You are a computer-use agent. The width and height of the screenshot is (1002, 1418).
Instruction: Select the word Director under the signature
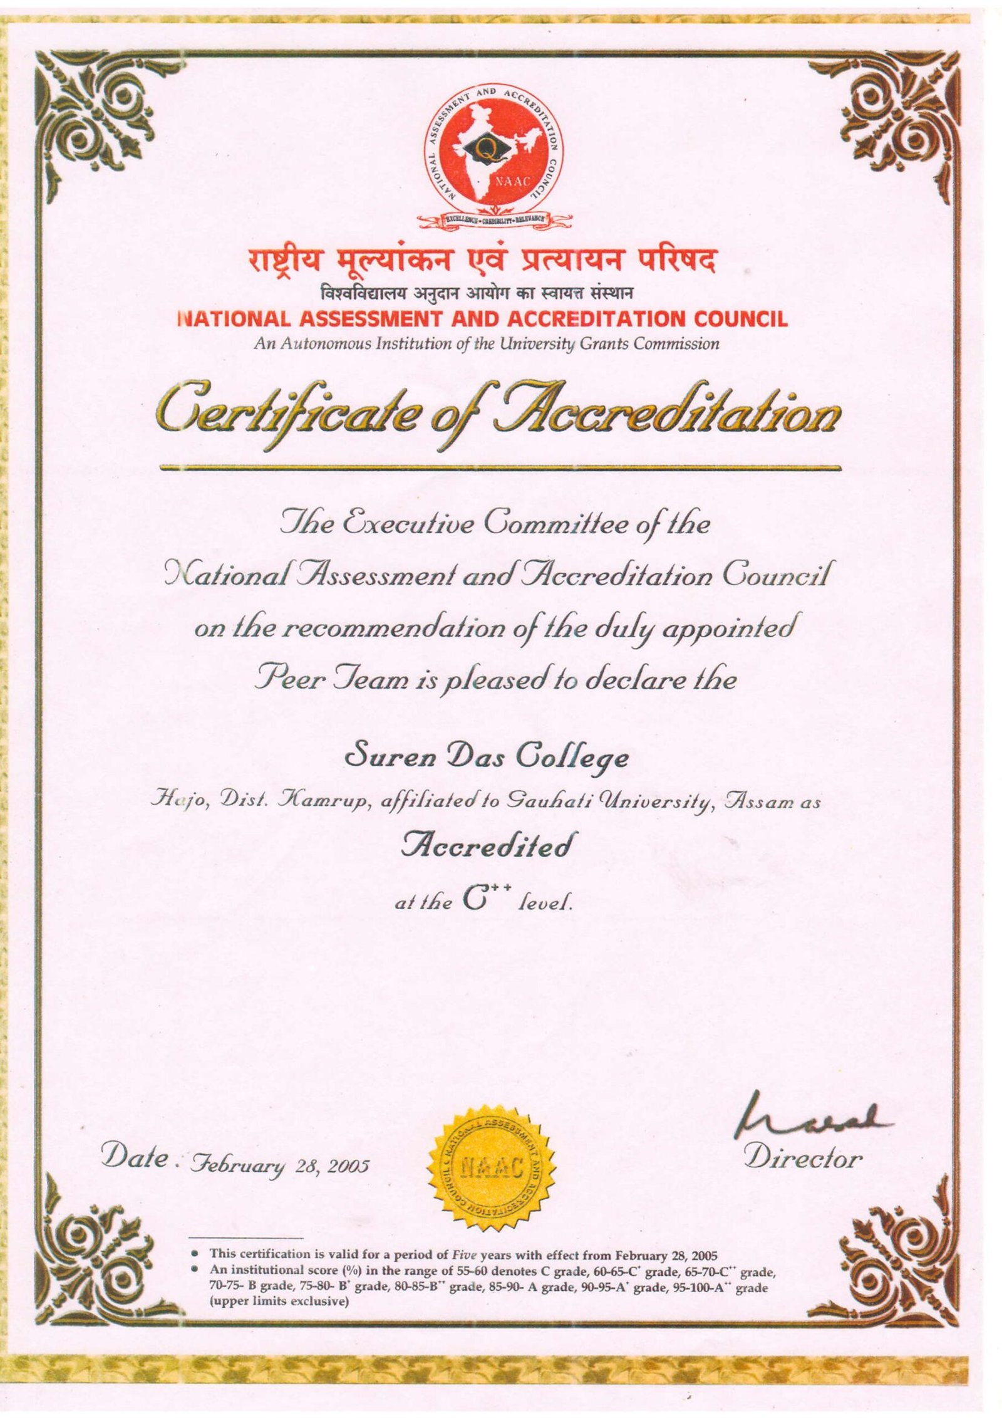point(803,1158)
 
